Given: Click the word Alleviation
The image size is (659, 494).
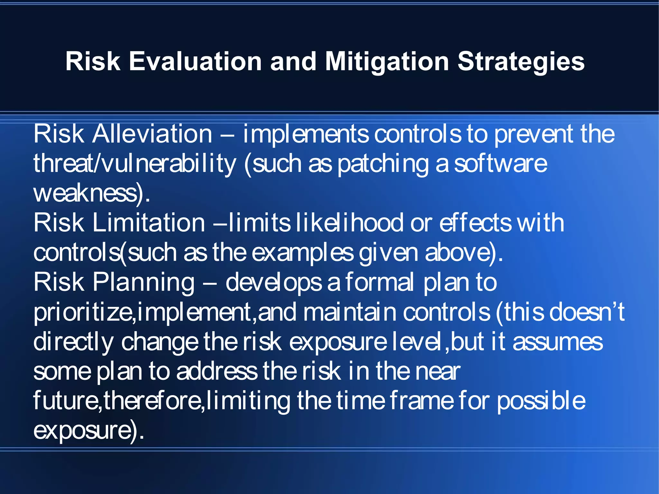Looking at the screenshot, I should pyautogui.click(x=152, y=134).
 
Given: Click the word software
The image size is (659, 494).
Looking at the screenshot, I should pyautogui.click(x=500, y=163).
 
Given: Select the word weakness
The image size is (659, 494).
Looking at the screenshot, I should pyautogui.click(x=85, y=193).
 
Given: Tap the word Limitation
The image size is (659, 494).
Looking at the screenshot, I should pyautogui.click(x=149, y=223).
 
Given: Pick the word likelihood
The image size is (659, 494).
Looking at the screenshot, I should pyautogui.click(x=349, y=223).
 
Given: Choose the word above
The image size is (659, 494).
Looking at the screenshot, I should pyautogui.click(x=457, y=252).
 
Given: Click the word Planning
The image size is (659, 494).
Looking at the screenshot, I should pyautogui.click(x=144, y=282).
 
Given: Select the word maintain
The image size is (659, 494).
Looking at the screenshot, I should pyautogui.click(x=349, y=312).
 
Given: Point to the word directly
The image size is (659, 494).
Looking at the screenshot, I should pyautogui.click(x=73, y=342).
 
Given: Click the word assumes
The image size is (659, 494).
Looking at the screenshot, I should pyautogui.click(x=557, y=342).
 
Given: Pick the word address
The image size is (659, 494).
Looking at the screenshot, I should pyautogui.click(x=217, y=371).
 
